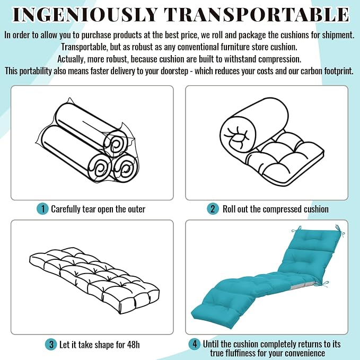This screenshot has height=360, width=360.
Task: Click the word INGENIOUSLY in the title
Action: [85, 15]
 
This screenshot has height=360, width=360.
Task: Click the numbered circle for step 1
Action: [42, 209]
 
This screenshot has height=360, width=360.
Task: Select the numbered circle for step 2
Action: [213, 209]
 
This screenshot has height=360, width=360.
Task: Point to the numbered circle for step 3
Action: [51, 345]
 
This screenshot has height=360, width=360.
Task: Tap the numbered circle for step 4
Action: [195, 344]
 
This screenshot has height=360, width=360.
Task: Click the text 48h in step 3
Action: [133, 345]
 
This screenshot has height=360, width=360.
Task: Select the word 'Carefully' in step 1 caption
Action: [65, 209]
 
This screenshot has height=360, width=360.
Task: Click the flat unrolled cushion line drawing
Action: [94, 280]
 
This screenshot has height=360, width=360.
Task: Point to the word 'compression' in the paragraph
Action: [279, 59]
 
